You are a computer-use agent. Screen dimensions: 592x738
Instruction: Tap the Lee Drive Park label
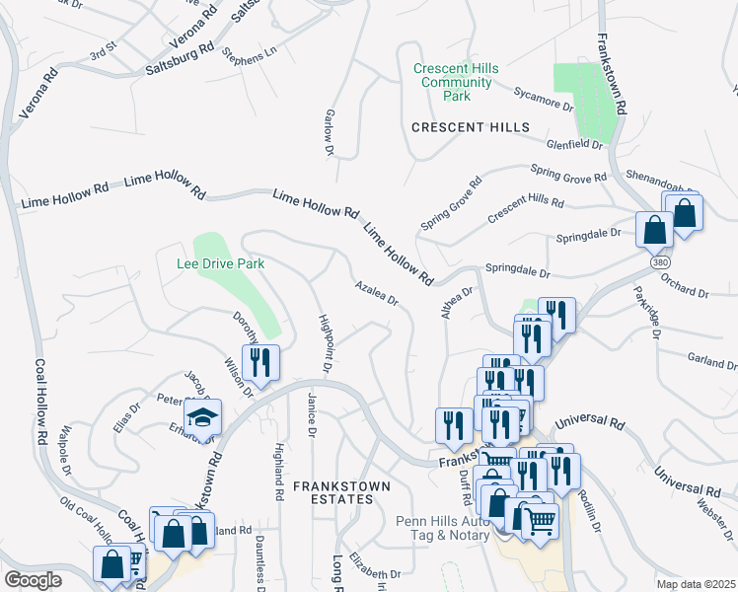pos(220,263)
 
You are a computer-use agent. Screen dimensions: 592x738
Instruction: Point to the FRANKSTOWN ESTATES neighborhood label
pos(340,492)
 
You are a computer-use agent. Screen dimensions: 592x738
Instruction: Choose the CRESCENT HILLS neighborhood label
pos(471,127)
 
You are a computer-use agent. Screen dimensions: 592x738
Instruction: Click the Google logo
pos(33,580)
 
